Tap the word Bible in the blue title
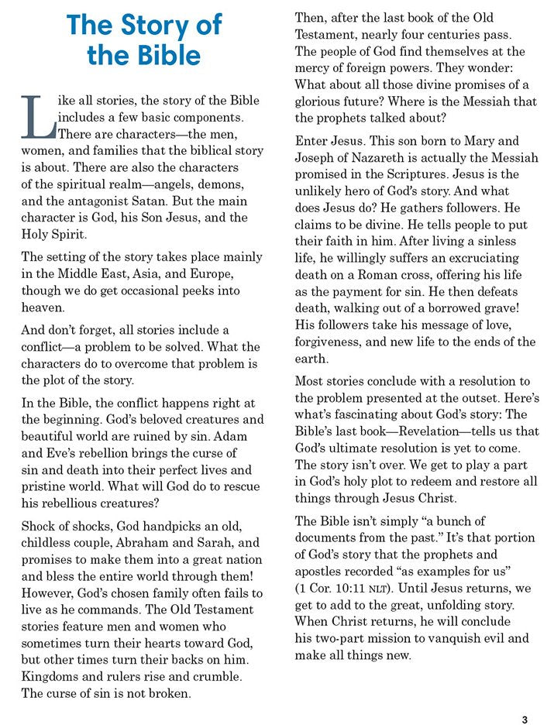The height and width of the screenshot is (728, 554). click(x=164, y=57)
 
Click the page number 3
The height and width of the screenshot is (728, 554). click(x=525, y=720)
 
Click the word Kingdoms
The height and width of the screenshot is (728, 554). click(x=53, y=677)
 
